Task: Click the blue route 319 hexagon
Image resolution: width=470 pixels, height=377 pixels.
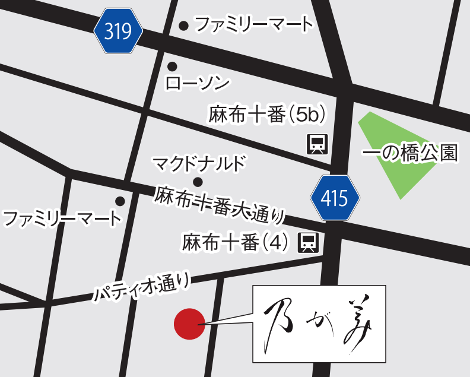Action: click(x=119, y=31)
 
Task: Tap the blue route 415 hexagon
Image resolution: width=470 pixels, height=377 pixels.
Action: click(x=335, y=198)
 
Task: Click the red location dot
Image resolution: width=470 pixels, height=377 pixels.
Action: click(x=189, y=324)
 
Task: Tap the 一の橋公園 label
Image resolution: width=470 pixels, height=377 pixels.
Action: click(x=411, y=154)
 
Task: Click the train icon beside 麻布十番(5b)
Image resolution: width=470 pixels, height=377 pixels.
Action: click(x=317, y=144)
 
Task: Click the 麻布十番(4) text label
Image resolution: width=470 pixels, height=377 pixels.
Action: click(x=236, y=242)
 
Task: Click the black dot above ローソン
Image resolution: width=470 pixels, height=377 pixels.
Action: click(x=172, y=66)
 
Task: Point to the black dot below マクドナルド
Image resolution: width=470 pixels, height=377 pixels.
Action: click(x=198, y=182)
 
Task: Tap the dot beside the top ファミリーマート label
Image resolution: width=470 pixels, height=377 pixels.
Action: click(x=184, y=25)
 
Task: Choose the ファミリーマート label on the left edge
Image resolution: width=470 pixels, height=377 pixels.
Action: click(x=62, y=218)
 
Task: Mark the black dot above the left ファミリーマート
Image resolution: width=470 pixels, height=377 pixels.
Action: click(x=120, y=201)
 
